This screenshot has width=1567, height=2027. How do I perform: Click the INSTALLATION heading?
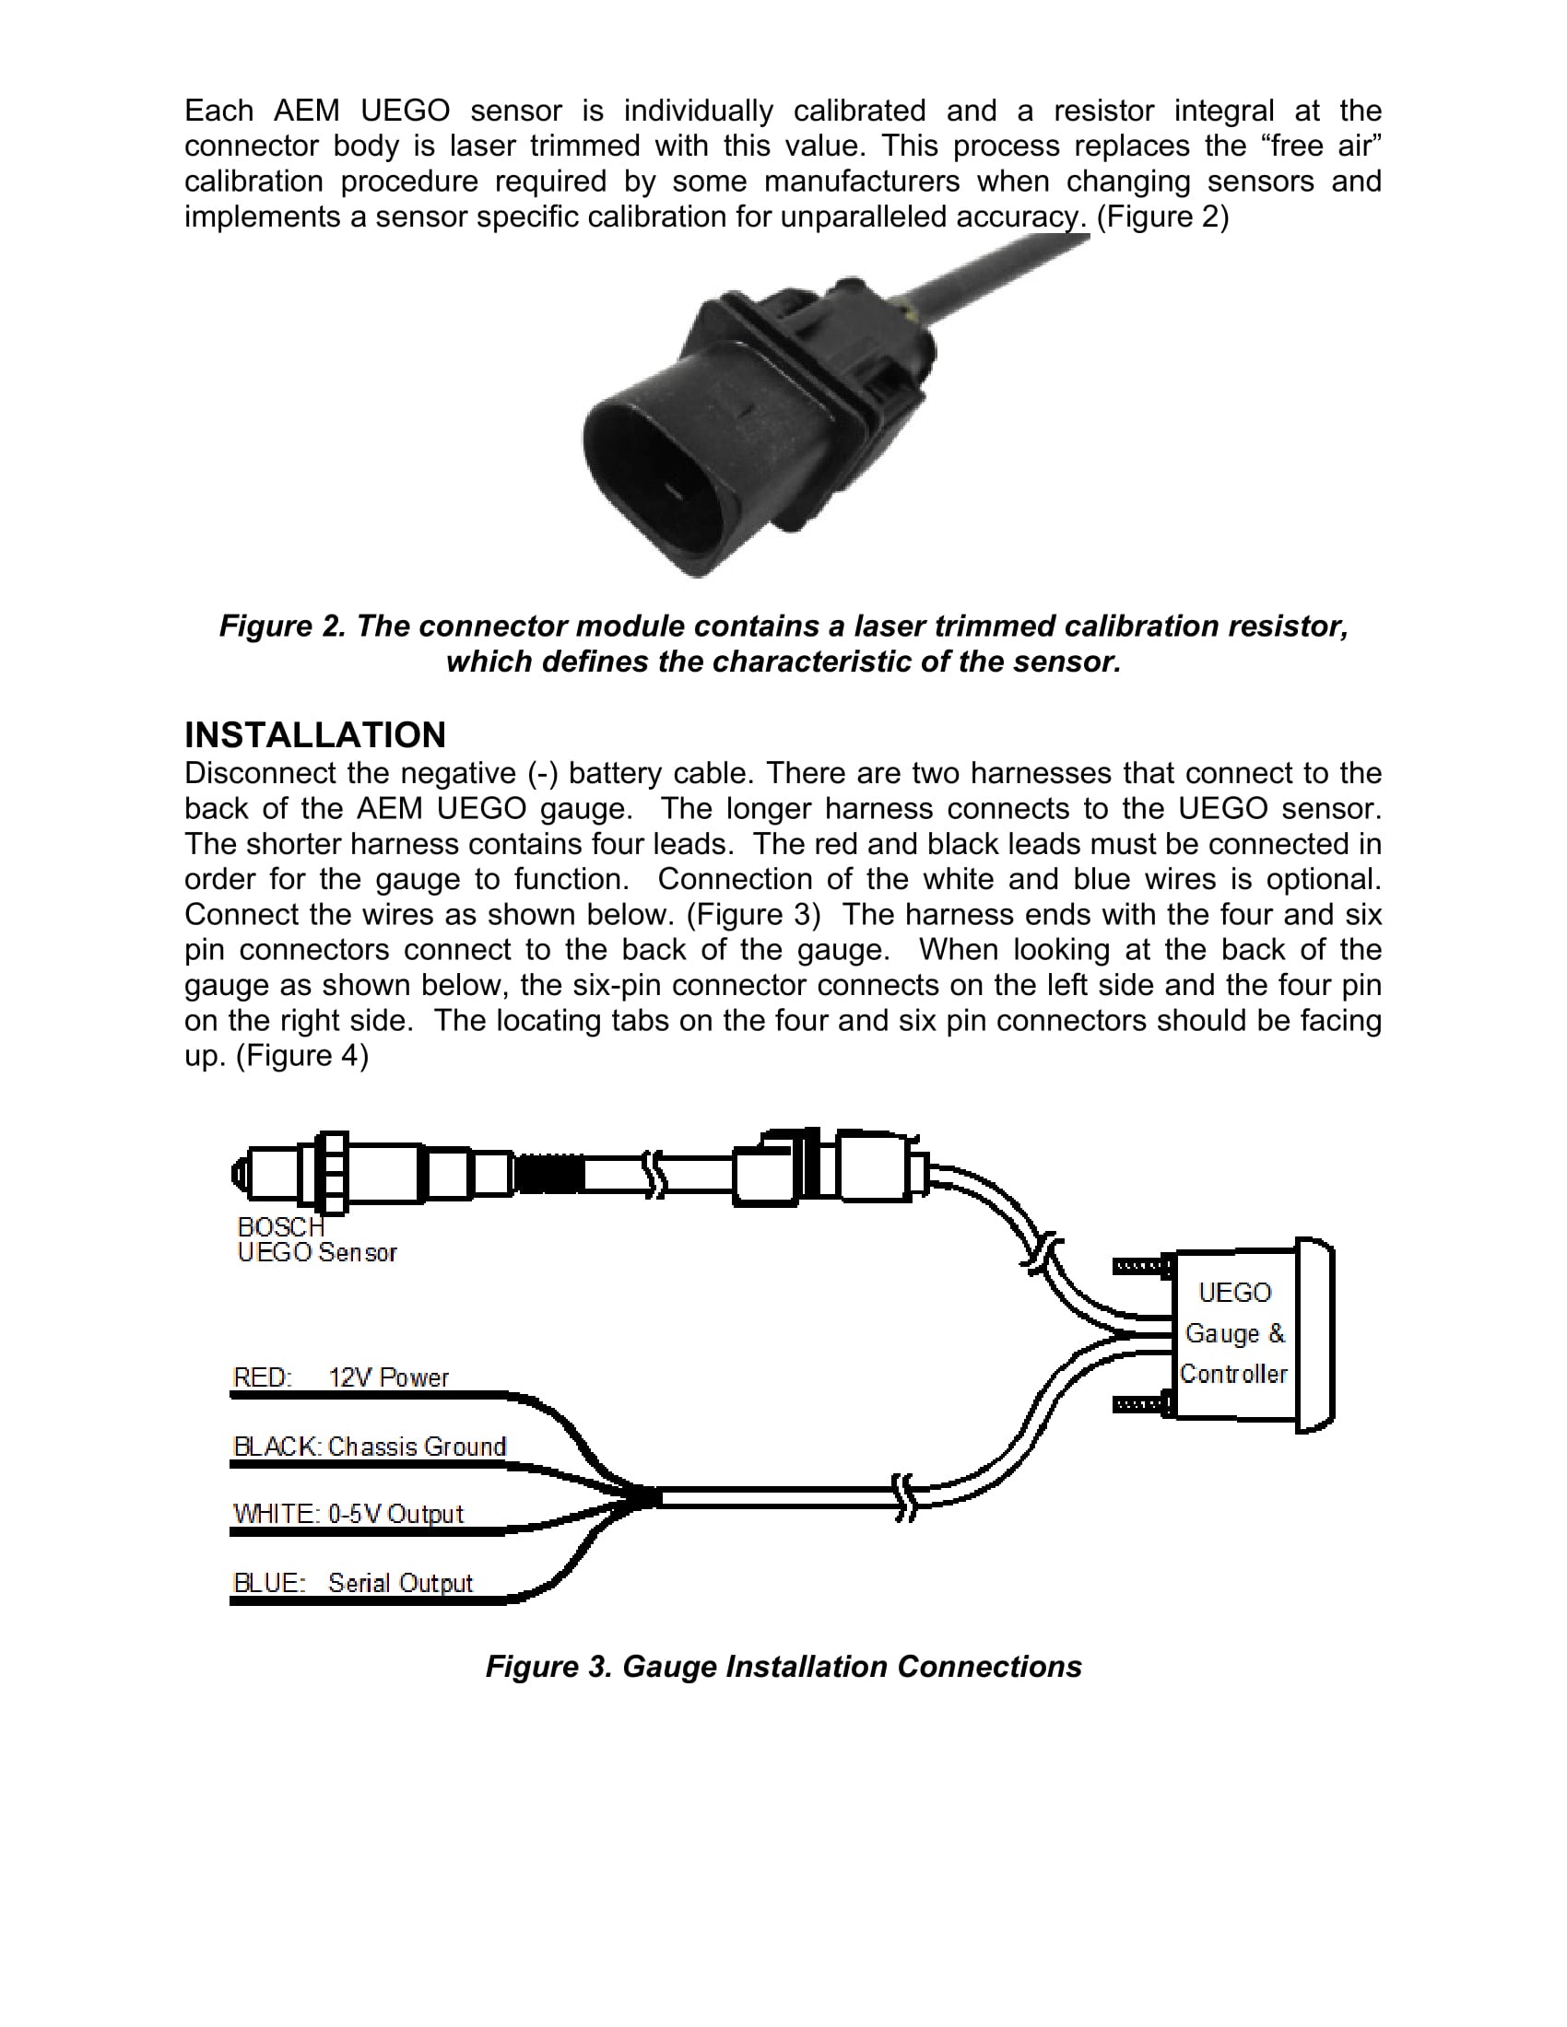[314, 735]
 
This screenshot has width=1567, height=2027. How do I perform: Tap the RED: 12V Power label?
[340, 1377]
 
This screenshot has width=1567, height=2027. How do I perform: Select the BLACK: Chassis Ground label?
[369, 1446]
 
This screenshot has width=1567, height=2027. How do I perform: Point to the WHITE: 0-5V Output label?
[348, 1514]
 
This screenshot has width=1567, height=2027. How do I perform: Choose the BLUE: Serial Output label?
[352, 1582]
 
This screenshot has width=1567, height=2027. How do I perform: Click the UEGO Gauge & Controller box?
[1234, 1334]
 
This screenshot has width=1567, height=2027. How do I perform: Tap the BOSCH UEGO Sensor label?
[315, 1240]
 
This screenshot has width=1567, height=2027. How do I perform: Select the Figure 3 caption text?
[783, 1666]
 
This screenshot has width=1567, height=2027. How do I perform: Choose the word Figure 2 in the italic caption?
[280, 627]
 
